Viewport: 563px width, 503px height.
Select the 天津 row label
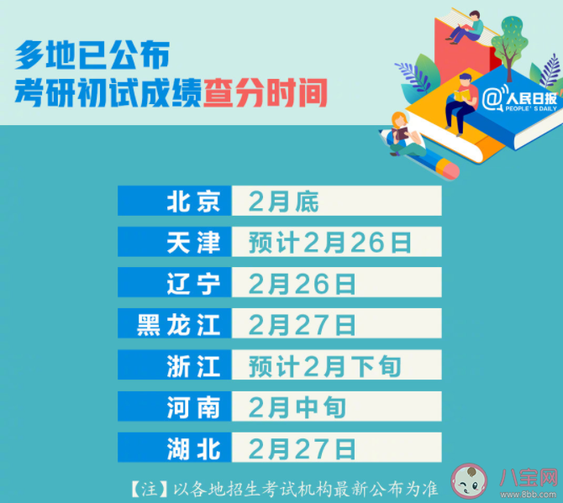[x=194, y=243]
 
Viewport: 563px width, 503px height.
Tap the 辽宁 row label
[x=194, y=284]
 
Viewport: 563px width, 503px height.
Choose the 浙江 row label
[x=194, y=366]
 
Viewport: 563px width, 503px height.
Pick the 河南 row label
[x=194, y=407]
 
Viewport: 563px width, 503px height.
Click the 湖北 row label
[x=194, y=448]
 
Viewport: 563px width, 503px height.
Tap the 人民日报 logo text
[x=526, y=99]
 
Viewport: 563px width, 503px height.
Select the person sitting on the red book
[x=465, y=27]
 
